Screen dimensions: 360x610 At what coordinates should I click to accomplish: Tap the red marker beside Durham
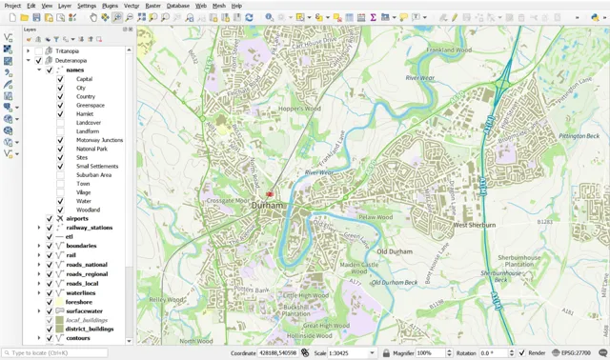[x=270, y=193]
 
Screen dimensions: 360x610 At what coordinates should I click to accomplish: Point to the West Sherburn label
[x=474, y=226]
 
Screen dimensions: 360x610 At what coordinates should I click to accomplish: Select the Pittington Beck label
[x=579, y=136]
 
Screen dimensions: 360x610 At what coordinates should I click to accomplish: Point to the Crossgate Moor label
[x=228, y=201]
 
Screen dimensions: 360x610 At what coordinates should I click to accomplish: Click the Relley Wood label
[x=165, y=298]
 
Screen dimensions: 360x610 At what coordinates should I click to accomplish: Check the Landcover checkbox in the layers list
[x=60, y=123]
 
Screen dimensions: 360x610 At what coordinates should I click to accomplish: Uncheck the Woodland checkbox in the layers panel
[x=60, y=210]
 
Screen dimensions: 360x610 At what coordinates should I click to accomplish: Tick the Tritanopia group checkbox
[x=39, y=51]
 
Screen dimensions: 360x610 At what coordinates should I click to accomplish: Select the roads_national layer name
[x=87, y=265]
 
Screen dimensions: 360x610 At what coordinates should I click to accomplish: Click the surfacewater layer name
[x=85, y=310]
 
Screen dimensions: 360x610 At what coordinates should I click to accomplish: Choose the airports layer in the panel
[x=77, y=219]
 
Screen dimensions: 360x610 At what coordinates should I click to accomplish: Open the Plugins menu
[x=111, y=6]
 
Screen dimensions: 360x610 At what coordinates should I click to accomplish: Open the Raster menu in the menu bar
[x=152, y=6]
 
